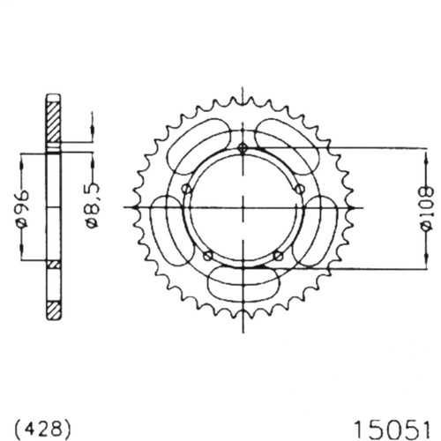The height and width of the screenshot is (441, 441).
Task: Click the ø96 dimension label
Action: click(x=23, y=208)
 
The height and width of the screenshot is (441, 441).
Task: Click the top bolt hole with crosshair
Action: click(x=243, y=148)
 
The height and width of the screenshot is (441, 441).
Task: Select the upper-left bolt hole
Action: click(x=186, y=188)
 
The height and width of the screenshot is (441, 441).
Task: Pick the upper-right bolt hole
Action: click(x=300, y=189)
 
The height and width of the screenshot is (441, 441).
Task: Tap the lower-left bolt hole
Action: click(x=208, y=255)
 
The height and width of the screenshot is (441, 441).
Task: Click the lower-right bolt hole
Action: click(x=278, y=255)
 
